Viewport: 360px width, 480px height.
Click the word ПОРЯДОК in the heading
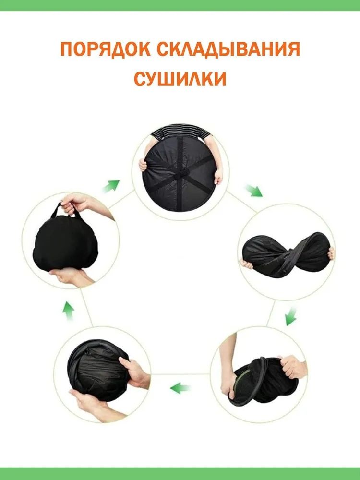(x=105, y=49)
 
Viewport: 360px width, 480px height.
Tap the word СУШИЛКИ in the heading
(x=180, y=79)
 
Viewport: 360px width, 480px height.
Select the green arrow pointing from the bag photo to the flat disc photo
(x=111, y=186)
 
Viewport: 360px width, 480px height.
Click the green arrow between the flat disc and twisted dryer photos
(x=254, y=191)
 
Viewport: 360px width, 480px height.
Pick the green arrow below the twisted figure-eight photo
(x=291, y=317)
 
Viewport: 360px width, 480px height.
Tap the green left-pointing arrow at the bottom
(x=180, y=388)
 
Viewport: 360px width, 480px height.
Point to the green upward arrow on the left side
(x=68, y=311)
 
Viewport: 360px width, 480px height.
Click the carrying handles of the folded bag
(x=66, y=211)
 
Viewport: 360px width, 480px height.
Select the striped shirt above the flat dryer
(x=180, y=132)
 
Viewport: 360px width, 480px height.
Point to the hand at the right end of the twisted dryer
(x=331, y=253)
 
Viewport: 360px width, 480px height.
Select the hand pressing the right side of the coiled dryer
(x=135, y=373)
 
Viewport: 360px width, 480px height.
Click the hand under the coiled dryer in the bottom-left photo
(x=92, y=406)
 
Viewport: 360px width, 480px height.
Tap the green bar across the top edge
(x=180, y=5)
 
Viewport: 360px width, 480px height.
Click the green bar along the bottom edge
(x=180, y=474)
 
